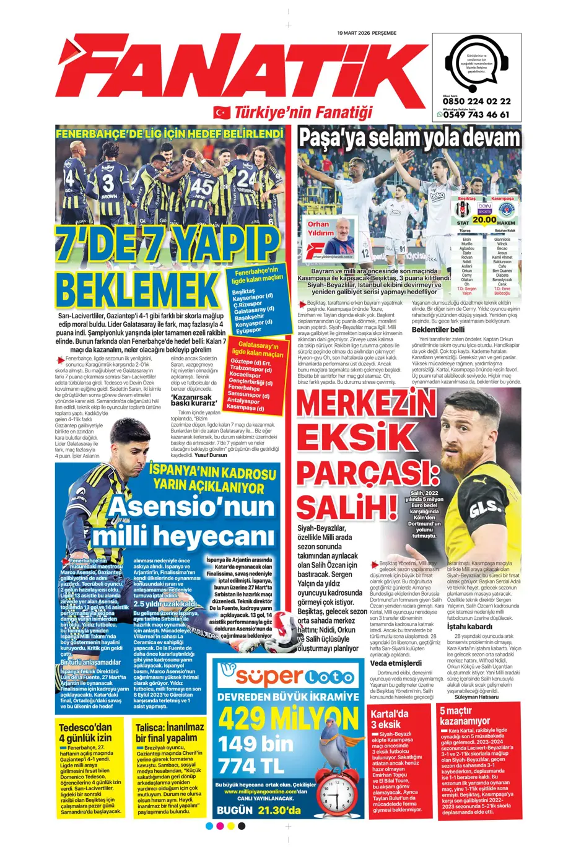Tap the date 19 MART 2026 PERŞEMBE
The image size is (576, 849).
(x=367, y=33)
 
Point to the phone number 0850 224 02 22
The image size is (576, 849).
(x=476, y=102)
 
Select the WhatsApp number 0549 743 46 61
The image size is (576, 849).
(x=476, y=115)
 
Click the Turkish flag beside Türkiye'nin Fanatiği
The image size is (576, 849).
(x=221, y=112)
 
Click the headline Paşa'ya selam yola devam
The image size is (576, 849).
(x=409, y=138)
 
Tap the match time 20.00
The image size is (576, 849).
(x=484, y=219)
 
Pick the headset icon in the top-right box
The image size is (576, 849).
(x=476, y=62)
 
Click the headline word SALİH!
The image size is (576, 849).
(x=347, y=506)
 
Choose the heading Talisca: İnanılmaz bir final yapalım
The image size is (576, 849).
(x=170, y=732)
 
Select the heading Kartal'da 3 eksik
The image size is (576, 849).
(x=390, y=719)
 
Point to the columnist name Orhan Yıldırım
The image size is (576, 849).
(x=320, y=229)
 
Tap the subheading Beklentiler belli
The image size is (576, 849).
(x=438, y=329)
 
